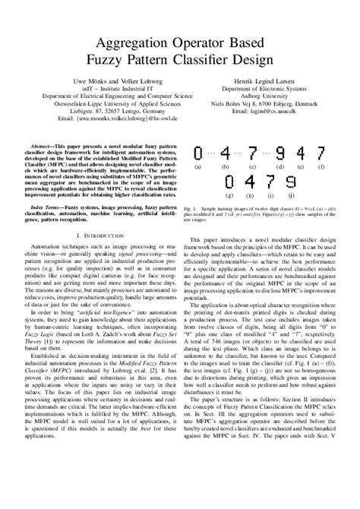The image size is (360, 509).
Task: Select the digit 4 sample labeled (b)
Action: (x=225, y=153)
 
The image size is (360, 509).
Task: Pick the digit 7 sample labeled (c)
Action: (x=253, y=153)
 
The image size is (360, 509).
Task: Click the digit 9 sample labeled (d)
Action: (x=281, y=153)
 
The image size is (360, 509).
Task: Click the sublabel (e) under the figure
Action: (x=302, y=166)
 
